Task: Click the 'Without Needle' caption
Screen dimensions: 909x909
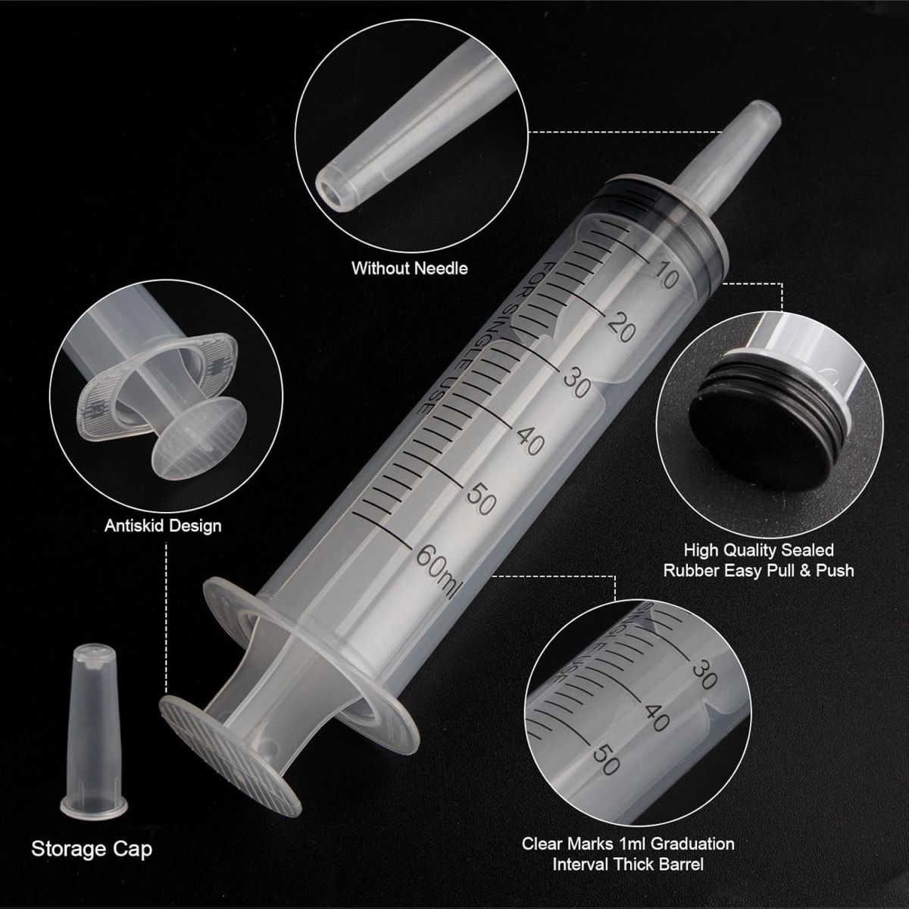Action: [410, 268]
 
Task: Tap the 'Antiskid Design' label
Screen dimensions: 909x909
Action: [163, 526]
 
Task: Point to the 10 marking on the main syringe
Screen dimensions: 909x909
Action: [665, 275]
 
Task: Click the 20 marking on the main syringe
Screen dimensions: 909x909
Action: [621, 327]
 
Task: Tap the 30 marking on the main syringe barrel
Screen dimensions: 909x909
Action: [576, 381]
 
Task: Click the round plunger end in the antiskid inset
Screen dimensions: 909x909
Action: [199, 438]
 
